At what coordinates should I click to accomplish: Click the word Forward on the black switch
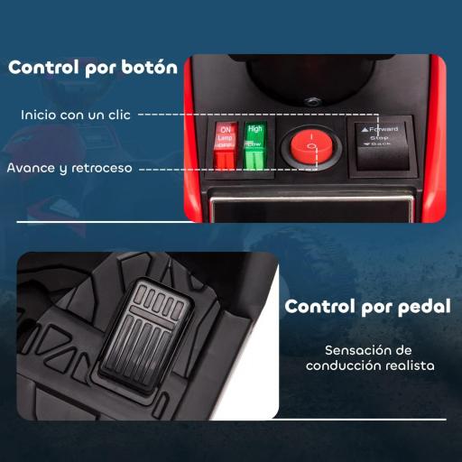click(385, 129)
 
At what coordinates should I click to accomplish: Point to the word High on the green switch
click(255, 130)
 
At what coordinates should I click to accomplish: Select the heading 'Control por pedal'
click(368, 306)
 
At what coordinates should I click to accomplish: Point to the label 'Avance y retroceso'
click(69, 168)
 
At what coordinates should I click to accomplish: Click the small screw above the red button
click(311, 102)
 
